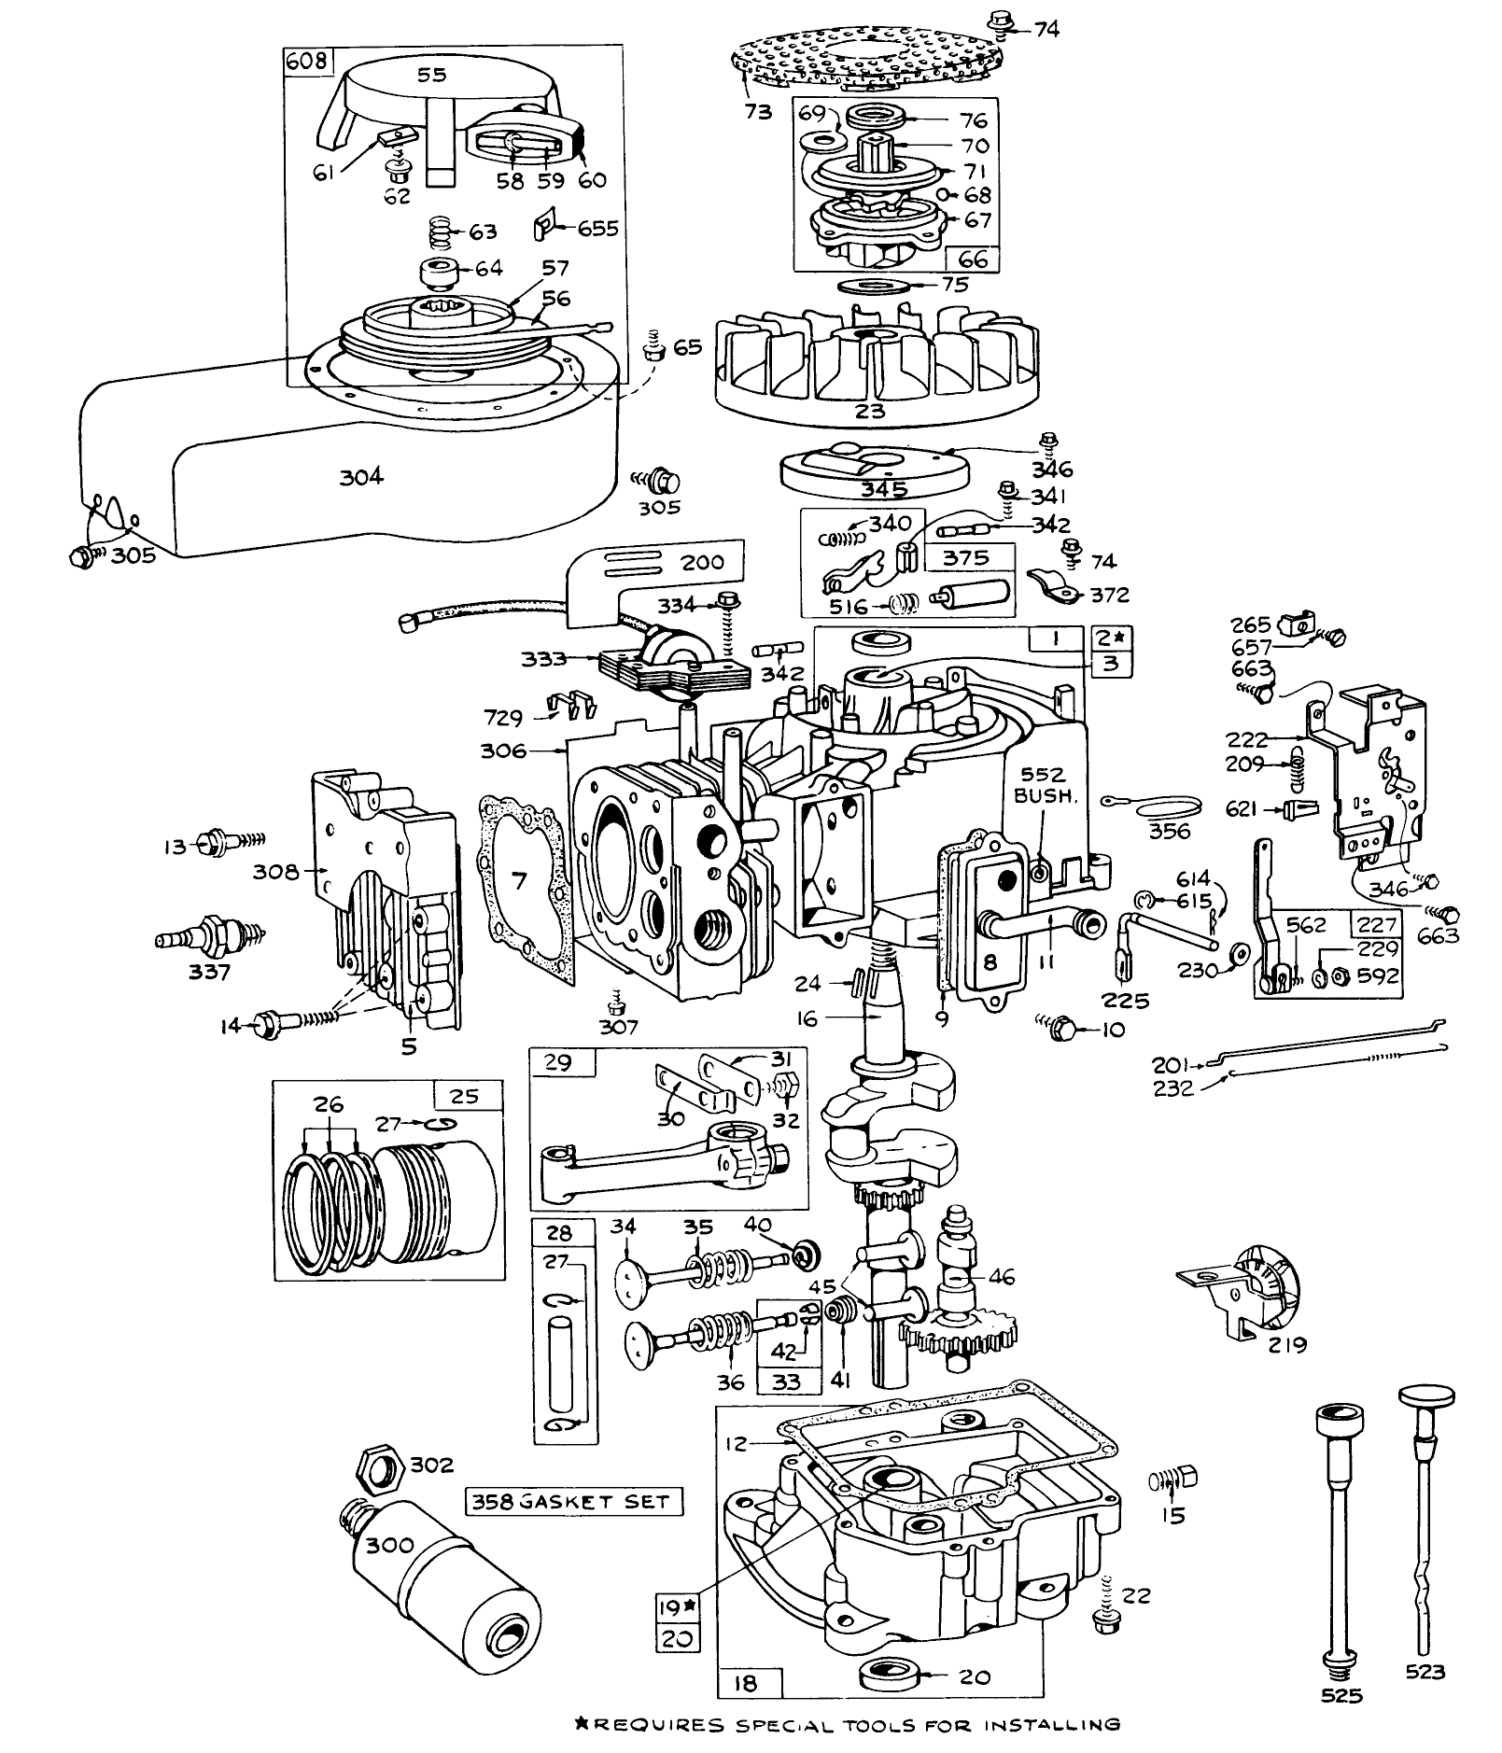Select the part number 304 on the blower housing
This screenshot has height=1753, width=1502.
(361, 477)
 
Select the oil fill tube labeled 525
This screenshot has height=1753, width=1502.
(1341, 1540)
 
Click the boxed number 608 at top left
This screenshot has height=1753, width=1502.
(306, 62)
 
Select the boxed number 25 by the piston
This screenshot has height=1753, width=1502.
(464, 1096)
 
